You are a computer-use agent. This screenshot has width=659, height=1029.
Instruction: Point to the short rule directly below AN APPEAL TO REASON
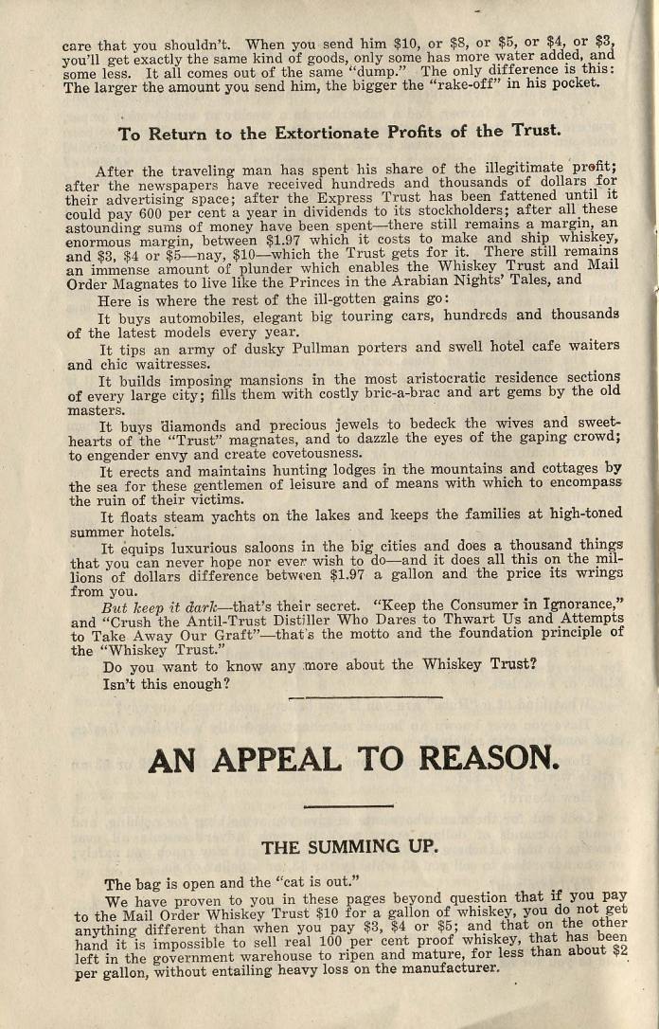[348, 806]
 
